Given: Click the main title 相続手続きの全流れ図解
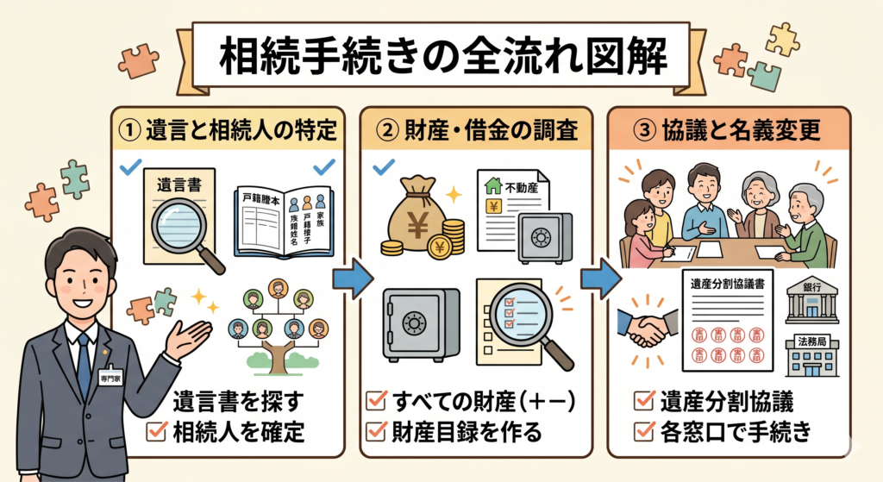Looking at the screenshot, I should click(441, 58).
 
